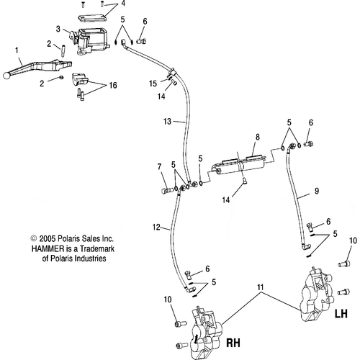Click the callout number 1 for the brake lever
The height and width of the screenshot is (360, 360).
17,50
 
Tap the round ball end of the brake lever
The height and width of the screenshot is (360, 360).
6,76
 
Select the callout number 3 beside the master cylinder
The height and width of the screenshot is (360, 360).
58,29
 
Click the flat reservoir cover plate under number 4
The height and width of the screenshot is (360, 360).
92,19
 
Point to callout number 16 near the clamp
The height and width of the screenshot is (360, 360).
113,85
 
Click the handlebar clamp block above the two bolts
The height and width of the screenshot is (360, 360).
80,79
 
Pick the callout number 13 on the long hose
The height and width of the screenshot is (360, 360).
167,121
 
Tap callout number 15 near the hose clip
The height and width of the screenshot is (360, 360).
153,84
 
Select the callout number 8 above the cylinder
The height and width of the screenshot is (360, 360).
258,137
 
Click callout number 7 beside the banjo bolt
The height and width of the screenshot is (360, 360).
160,166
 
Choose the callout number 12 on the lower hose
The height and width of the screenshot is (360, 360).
156,227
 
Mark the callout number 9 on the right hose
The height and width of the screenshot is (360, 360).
317,191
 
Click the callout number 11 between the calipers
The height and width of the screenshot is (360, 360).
261,287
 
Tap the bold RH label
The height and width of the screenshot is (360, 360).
233,343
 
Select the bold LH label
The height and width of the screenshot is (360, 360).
341,314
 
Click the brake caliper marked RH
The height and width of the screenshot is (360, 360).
206,333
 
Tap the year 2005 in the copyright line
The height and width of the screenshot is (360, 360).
47,238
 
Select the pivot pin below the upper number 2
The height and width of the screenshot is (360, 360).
63,51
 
